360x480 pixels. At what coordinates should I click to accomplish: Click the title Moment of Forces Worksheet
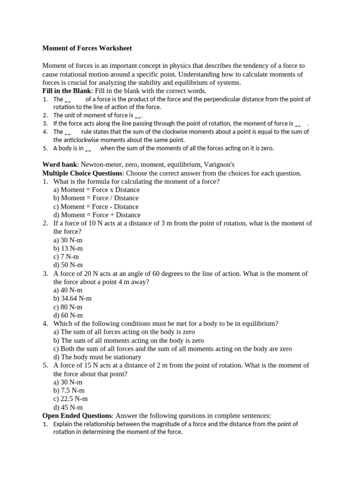87,48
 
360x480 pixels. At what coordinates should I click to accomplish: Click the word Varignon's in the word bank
219,165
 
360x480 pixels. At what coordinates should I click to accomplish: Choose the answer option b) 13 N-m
68,248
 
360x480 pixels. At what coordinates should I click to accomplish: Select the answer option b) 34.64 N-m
73,298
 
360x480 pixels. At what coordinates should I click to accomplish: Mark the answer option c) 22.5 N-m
70,398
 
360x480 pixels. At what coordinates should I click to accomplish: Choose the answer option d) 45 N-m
68,407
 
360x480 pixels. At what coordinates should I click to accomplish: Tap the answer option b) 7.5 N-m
69,390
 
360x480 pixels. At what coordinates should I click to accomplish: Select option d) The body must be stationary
97,357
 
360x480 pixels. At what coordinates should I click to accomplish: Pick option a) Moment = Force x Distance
97,190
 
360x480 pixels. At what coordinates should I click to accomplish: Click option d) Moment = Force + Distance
97,215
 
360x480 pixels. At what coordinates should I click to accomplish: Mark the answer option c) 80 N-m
68,307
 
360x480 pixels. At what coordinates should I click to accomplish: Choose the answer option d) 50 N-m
68,265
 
